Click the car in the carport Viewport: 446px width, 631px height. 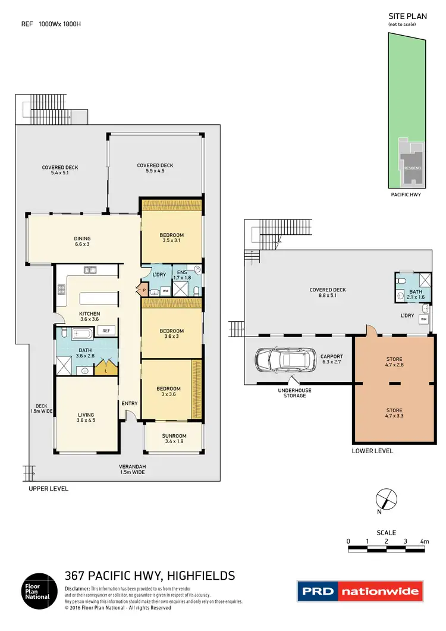[287, 359]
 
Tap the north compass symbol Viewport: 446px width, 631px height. [385, 498]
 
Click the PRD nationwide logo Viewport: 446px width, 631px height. [359, 592]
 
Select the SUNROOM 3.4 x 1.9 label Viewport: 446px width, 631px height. [174, 438]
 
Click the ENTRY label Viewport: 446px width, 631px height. [129, 403]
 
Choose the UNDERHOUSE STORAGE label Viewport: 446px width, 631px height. [294, 393]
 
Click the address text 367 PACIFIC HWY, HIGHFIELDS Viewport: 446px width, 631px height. [149, 575]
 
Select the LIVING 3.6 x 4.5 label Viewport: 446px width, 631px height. [86, 418]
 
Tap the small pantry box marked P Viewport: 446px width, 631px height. [144, 290]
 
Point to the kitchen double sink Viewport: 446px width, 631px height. [90, 270]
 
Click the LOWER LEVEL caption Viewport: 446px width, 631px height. [372, 451]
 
